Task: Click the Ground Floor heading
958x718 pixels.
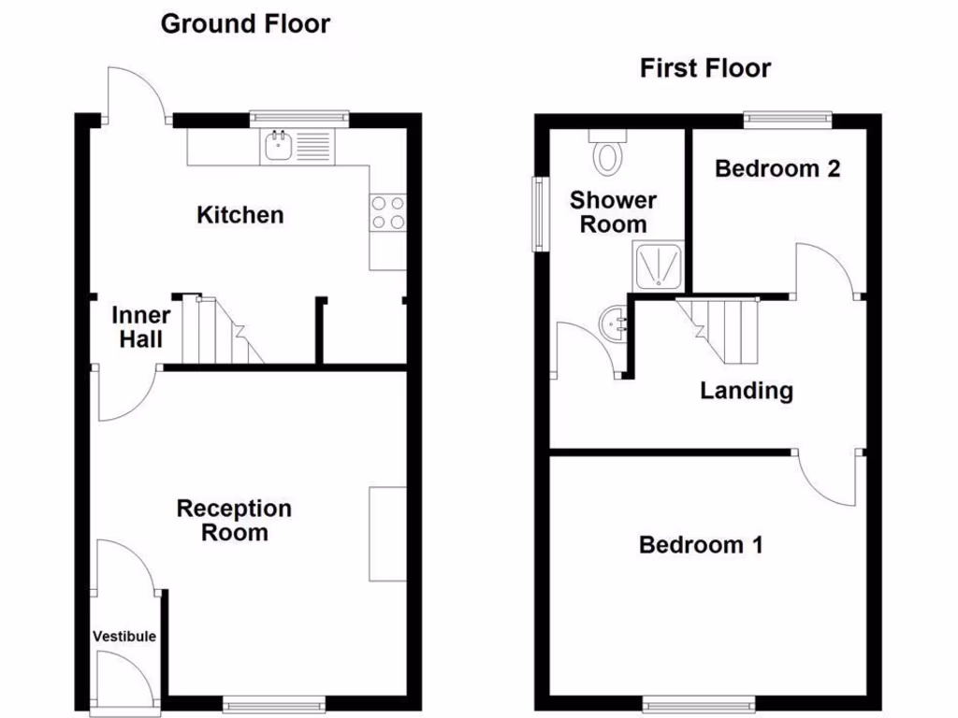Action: click(x=245, y=24)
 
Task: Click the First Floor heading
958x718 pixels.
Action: click(x=705, y=68)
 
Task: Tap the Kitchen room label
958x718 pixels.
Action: click(x=239, y=215)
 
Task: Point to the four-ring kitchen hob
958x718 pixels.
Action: click(x=388, y=212)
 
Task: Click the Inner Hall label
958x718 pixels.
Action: click(x=140, y=327)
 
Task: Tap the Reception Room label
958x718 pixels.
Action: click(x=234, y=521)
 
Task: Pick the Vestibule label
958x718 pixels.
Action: click(x=124, y=637)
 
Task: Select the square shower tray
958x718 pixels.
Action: click(x=660, y=266)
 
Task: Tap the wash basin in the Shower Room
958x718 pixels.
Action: click(x=611, y=323)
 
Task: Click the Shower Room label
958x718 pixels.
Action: click(x=613, y=212)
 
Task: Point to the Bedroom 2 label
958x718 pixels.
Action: click(x=777, y=168)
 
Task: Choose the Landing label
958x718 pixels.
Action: click(x=747, y=391)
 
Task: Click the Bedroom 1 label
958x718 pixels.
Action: click(x=701, y=544)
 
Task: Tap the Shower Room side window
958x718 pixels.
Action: click(x=540, y=213)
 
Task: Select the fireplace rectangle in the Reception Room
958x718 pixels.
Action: click(x=387, y=533)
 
